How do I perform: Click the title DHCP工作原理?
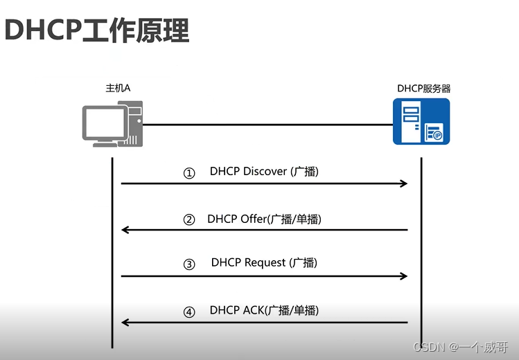97,30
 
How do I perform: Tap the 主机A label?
118,89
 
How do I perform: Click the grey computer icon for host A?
112,124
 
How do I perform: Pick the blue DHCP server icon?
421,121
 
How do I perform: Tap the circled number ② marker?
189,220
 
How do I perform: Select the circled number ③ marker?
189,265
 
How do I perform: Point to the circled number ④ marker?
189,312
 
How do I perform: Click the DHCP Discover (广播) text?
264,172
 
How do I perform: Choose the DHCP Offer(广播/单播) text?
264,219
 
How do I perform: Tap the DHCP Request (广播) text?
264,263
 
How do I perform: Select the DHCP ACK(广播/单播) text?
264,310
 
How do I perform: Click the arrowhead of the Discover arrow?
404,183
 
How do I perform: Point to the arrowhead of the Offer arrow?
125,230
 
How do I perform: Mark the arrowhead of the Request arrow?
404,276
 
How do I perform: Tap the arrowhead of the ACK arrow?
125,323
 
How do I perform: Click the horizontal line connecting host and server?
267,125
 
